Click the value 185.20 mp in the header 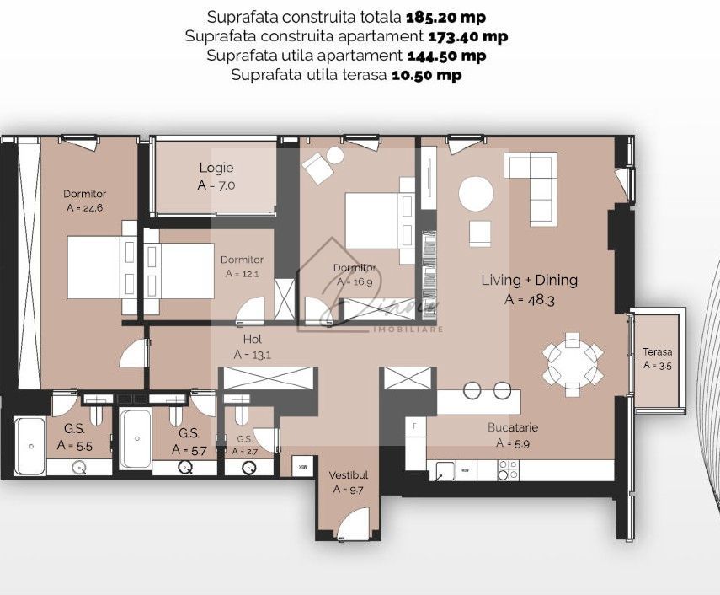(445, 17)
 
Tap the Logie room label (216, 168)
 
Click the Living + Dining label (529, 281)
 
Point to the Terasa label (658, 351)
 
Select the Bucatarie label (512, 427)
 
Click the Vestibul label (349, 475)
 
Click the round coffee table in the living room (476, 194)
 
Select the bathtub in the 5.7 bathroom (134, 438)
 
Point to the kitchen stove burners (508, 469)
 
